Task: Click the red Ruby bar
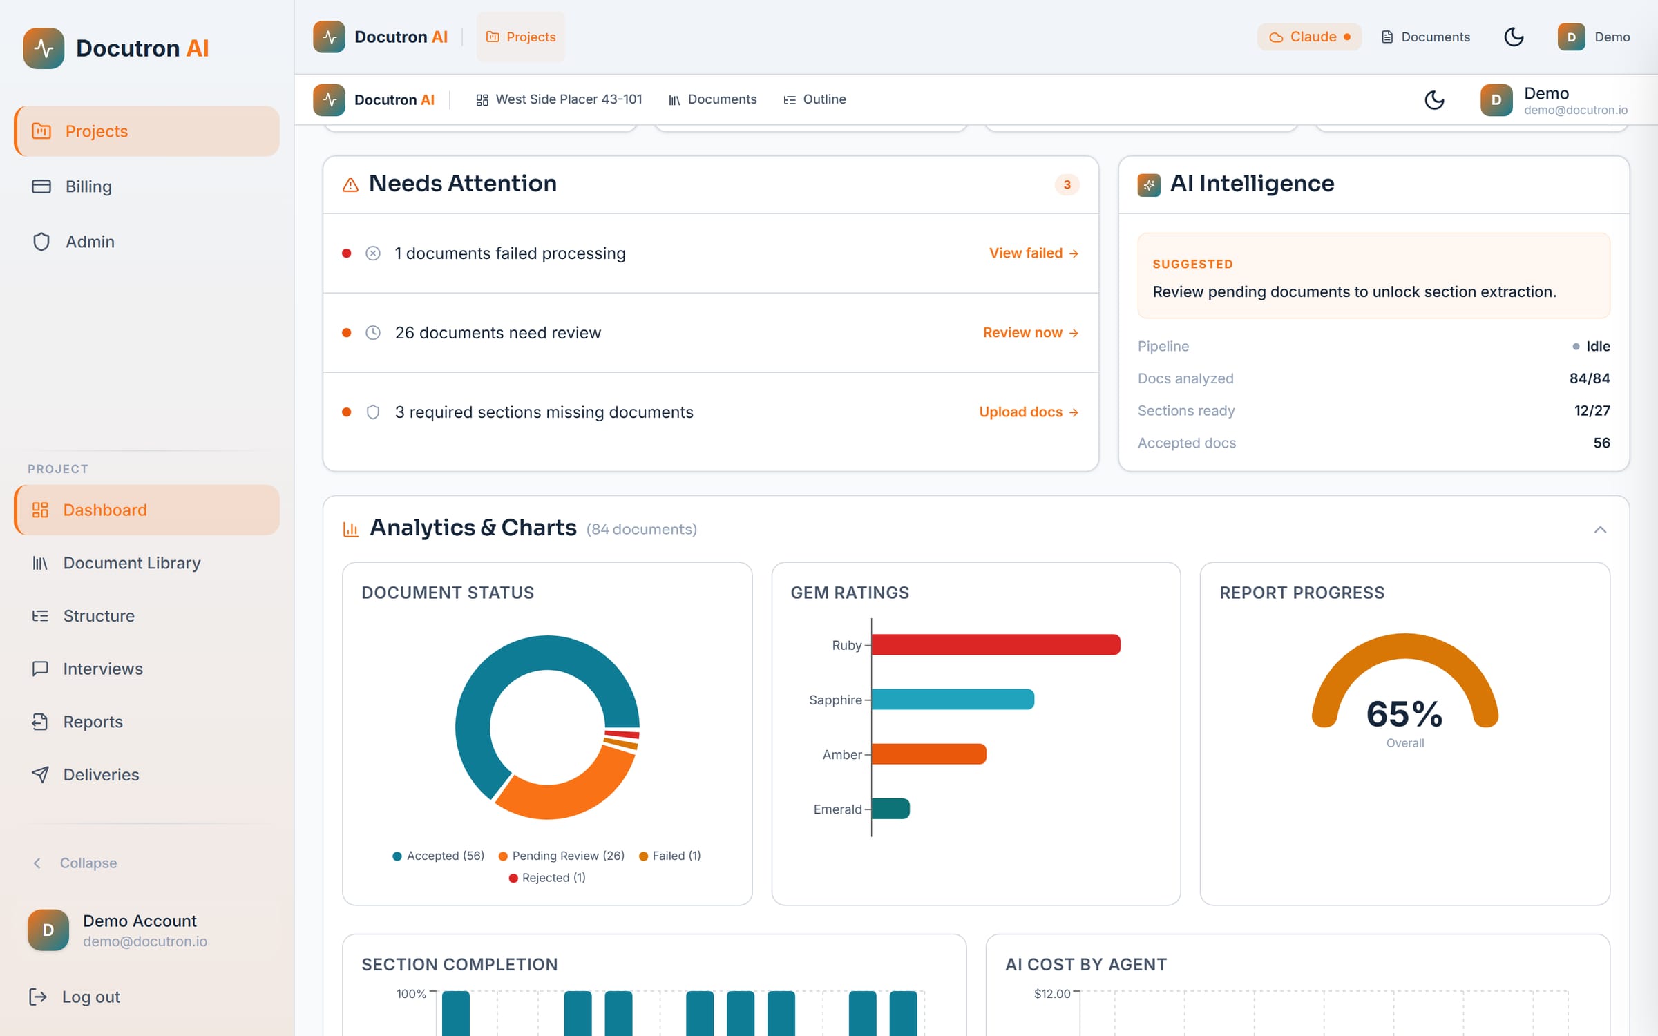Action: pos(995,644)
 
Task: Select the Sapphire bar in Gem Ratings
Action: pos(953,699)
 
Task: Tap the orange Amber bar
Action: pos(929,754)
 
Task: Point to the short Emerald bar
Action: pos(890,808)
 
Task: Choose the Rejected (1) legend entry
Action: pos(547,878)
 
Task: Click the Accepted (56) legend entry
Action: pos(439,856)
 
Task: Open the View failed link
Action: pos(1033,253)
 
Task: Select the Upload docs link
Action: pos(1029,412)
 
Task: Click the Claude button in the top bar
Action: pos(1310,37)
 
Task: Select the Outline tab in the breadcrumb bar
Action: pos(814,99)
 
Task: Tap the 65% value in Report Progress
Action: pos(1404,713)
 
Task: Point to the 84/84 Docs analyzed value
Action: pos(1590,378)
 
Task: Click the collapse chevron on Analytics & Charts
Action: pos(1600,530)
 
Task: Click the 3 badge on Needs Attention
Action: pos(1067,184)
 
